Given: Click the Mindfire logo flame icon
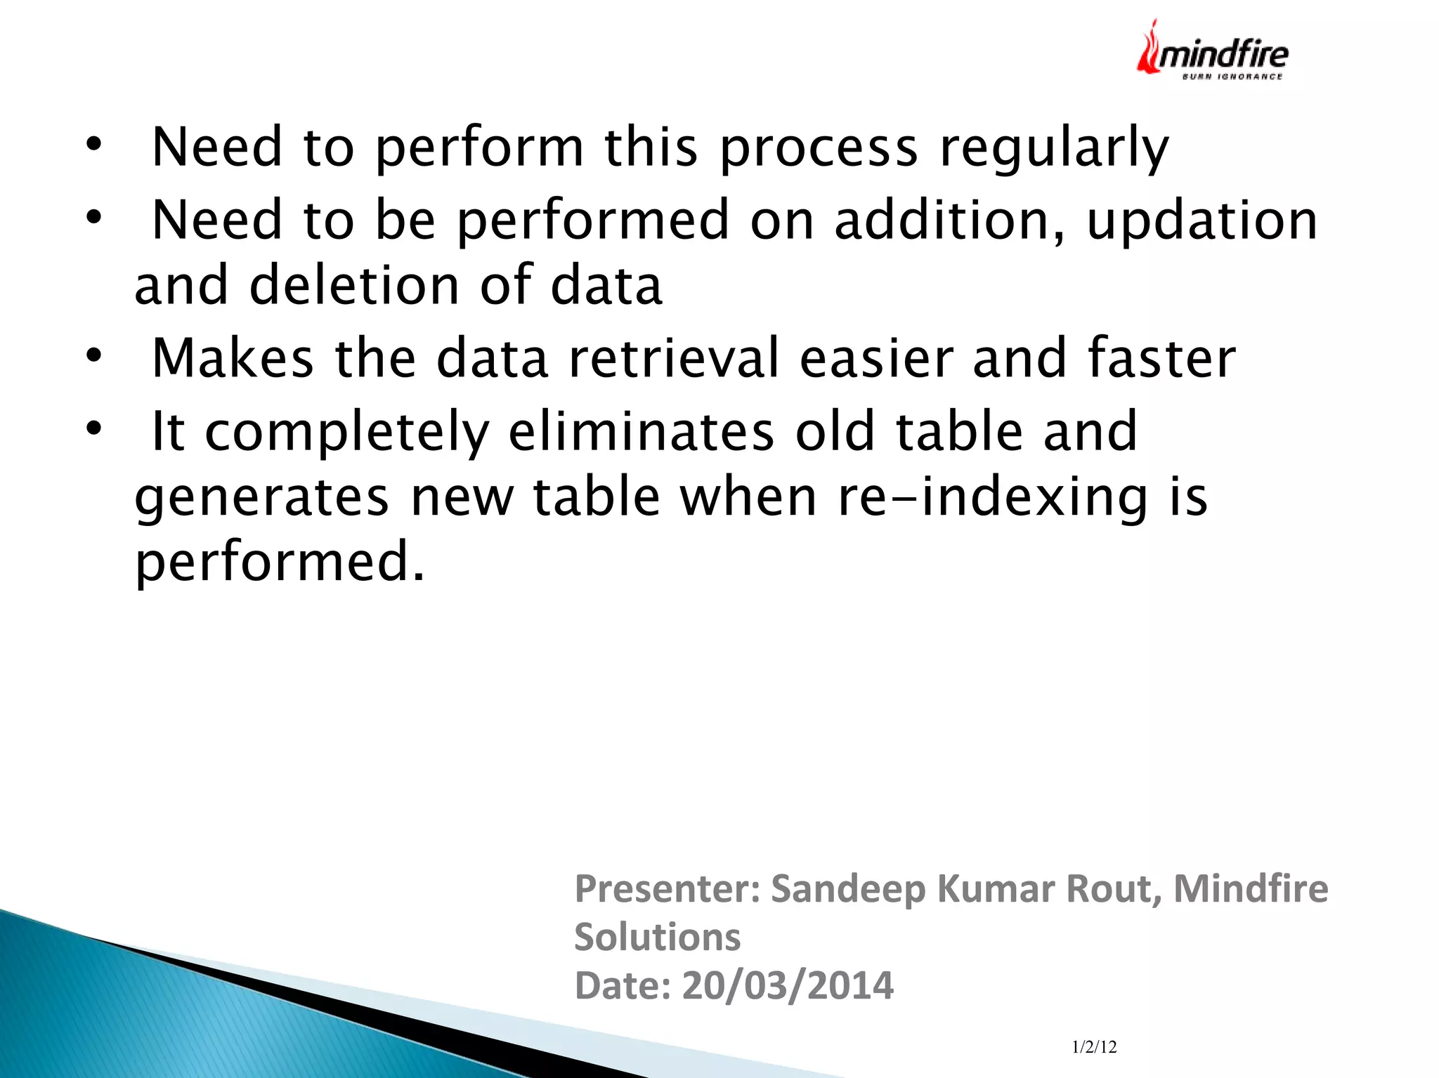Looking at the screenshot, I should (x=1150, y=48).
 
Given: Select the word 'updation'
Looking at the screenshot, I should (x=1202, y=221).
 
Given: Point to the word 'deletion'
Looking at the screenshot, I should (x=354, y=285).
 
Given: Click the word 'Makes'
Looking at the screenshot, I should (x=233, y=358).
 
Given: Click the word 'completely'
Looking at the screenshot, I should (x=347, y=431).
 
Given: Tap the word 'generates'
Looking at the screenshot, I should (x=261, y=498).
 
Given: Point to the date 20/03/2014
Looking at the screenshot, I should (x=787, y=985).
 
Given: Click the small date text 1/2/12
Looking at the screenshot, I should (x=1094, y=1047).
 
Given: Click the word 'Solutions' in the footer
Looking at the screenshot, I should (x=657, y=938).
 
